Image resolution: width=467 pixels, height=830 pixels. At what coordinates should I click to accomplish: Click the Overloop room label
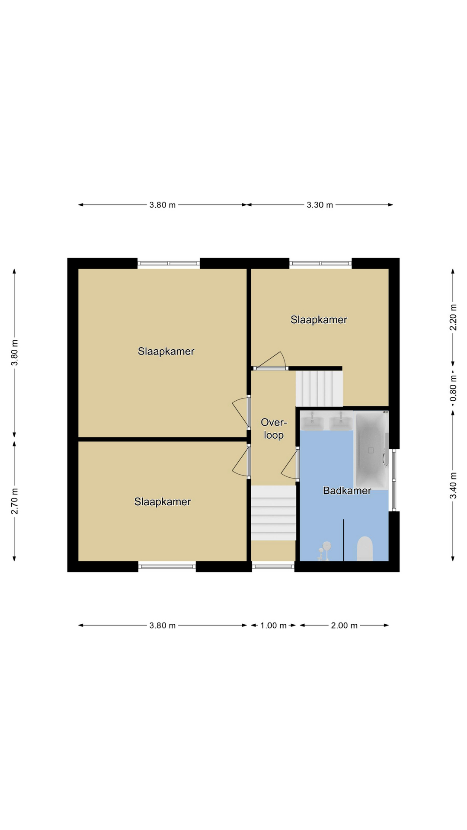[x=274, y=429]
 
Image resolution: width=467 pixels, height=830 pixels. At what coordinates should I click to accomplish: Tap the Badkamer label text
[x=347, y=491]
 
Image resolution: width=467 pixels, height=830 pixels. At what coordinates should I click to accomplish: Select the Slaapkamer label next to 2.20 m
[x=319, y=320]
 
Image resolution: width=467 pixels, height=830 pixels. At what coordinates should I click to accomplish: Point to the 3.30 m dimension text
[x=320, y=205]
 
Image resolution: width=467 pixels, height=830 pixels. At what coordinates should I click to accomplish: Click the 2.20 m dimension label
[x=453, y=317]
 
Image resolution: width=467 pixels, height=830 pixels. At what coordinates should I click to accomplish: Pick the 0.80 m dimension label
[x=453, y=393]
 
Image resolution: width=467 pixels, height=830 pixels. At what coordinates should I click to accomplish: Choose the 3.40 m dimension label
[x=453, y=485]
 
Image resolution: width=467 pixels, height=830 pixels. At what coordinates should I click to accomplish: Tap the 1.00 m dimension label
[x=273, y=626]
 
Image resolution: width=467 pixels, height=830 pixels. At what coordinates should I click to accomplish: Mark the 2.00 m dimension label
[x=344, y=626]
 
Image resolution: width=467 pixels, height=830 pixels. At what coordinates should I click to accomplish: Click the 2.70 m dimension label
[x=15, y=501]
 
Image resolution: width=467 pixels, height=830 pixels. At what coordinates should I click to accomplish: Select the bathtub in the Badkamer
[x=371, y=450]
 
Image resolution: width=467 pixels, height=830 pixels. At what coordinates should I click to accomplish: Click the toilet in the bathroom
[x=365, y=549]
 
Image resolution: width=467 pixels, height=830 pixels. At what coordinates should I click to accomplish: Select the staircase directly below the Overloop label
[x=274, y=513]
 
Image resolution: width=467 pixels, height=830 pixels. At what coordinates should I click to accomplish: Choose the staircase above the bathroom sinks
[x=319, y=389]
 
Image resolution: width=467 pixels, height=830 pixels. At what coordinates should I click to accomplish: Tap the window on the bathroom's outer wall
[x=394, y=480]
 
